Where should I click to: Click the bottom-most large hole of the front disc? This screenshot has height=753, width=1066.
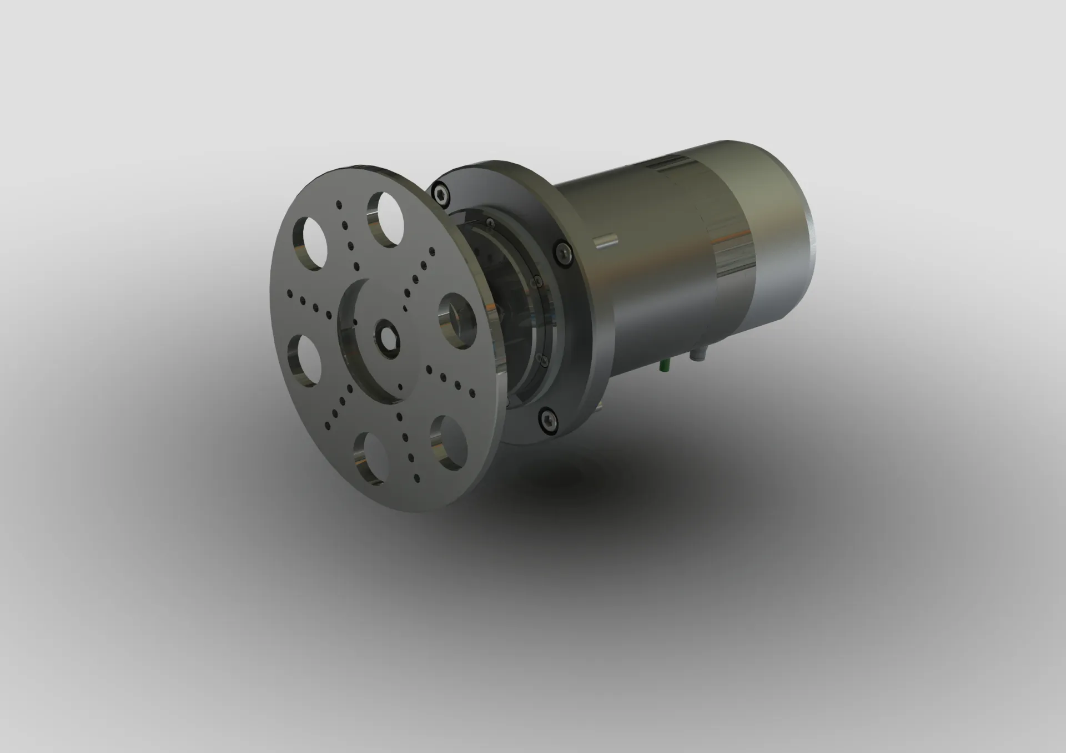(x=371, y=459)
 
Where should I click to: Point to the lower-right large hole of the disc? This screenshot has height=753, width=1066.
(x=448, y=442)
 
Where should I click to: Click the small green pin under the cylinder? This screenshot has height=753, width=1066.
(x=665, y=365)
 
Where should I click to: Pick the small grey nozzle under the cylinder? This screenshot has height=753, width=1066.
(x=697, y=355)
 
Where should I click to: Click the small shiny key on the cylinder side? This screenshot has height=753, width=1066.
(x=605, y=241)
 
